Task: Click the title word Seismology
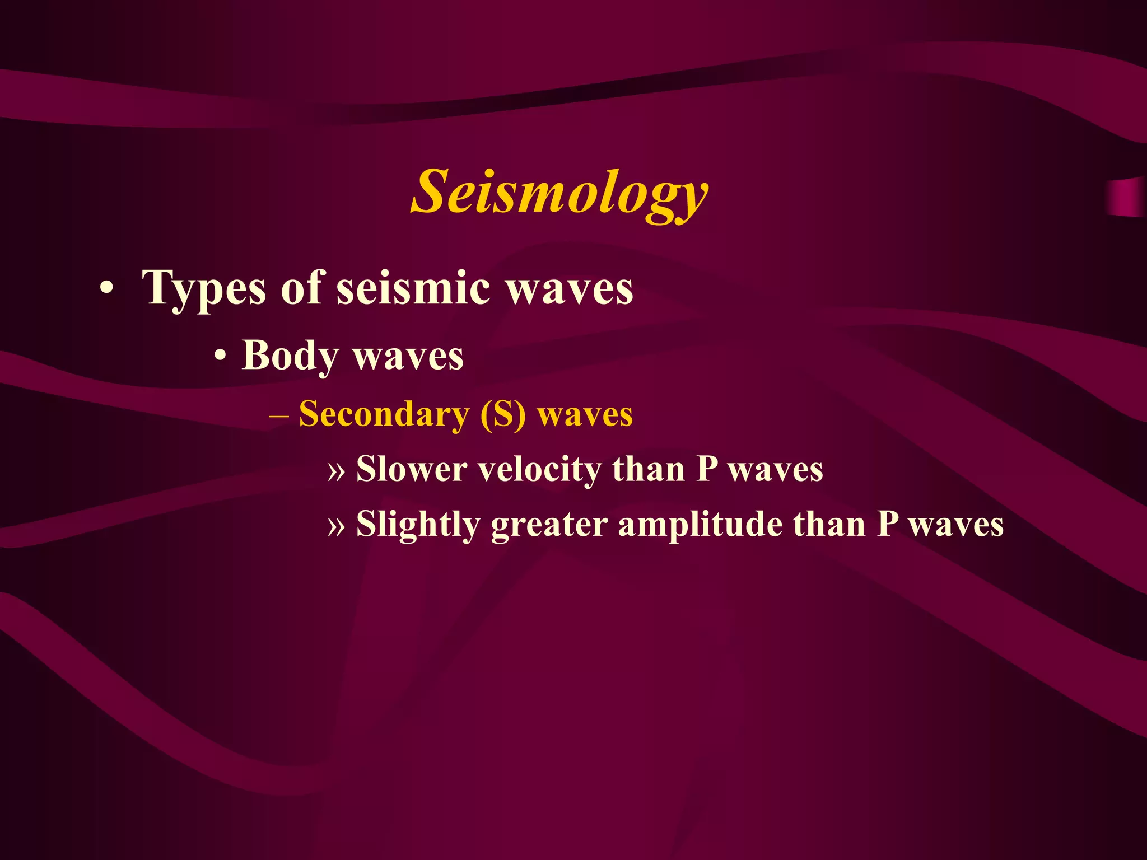(x=560, y=193)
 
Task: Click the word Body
(x=290, y=356)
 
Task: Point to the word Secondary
(x=384, y=415)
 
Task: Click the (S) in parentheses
(x=503, y=415)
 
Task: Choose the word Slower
(x=412, y=469)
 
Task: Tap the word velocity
(x=539, y=470)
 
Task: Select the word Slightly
(x=418, y=525)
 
